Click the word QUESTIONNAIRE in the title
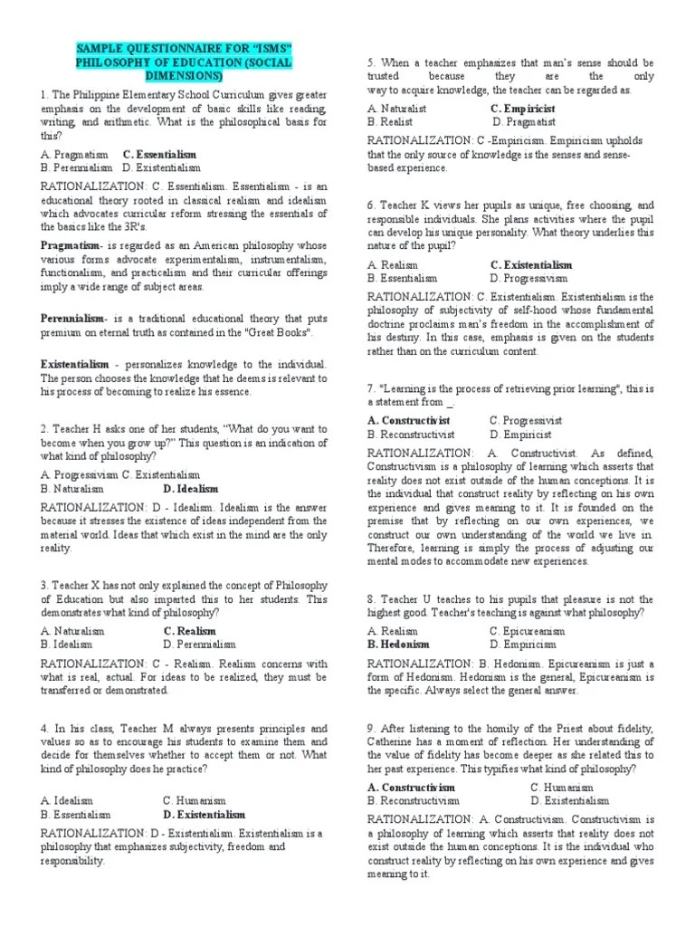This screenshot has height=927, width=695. pos(161,47)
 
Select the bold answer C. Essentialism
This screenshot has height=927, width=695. pos(159,155)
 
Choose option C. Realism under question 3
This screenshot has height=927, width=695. pos(190,631)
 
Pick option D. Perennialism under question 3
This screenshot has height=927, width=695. pos(199,645)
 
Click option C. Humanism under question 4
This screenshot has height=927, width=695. pos(195,801)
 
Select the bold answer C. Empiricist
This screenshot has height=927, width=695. pos(524,108)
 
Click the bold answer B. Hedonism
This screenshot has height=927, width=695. pos(398,645)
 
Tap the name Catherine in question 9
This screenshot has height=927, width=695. pos(394,742)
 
